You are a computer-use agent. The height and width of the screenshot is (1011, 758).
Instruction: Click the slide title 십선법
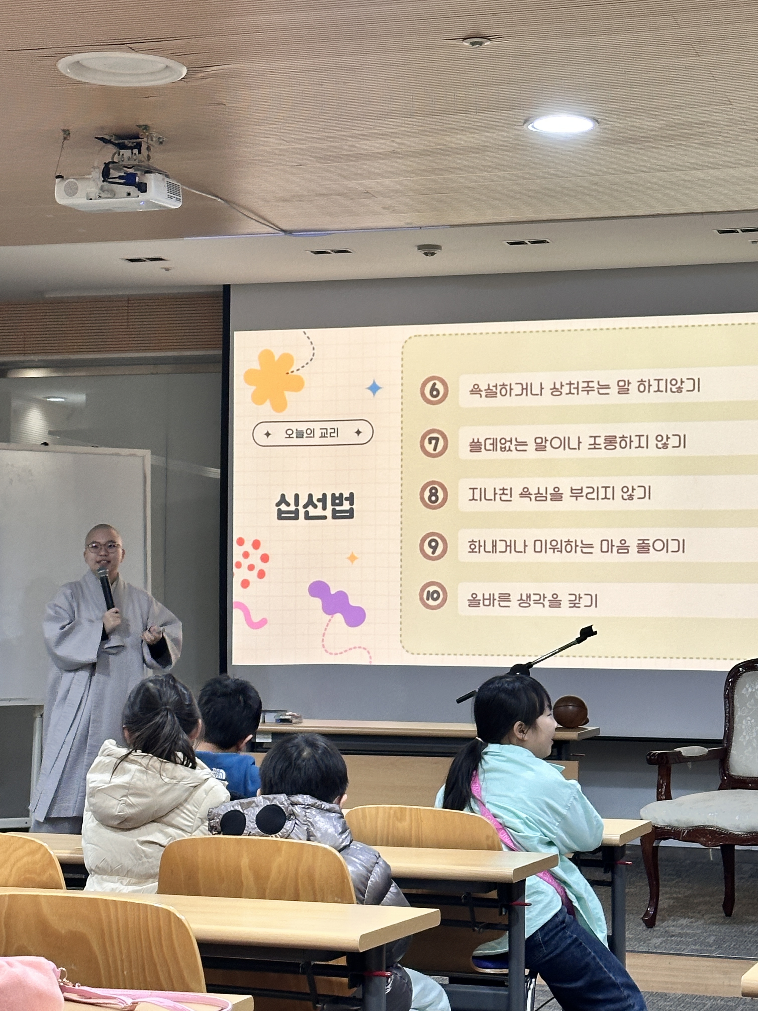click(x=315, y=506)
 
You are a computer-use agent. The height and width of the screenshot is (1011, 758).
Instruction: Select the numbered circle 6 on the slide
click(x=434, y=390)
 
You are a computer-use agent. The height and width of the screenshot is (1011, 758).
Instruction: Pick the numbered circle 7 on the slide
click(x=434, y=443)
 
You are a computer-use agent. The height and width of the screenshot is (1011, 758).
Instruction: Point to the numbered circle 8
click(x=433, y=495)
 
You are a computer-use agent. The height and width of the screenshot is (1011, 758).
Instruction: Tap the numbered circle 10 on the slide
click(x=433, y=596)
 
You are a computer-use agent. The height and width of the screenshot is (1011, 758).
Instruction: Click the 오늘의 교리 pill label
click(x=313, y=433)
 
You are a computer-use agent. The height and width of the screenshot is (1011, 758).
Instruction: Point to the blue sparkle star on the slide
click(x=374, y=388)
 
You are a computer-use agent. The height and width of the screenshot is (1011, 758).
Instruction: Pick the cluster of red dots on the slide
click(x=251, y=562)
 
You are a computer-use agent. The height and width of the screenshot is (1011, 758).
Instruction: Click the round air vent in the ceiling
click(x=122, y=68)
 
